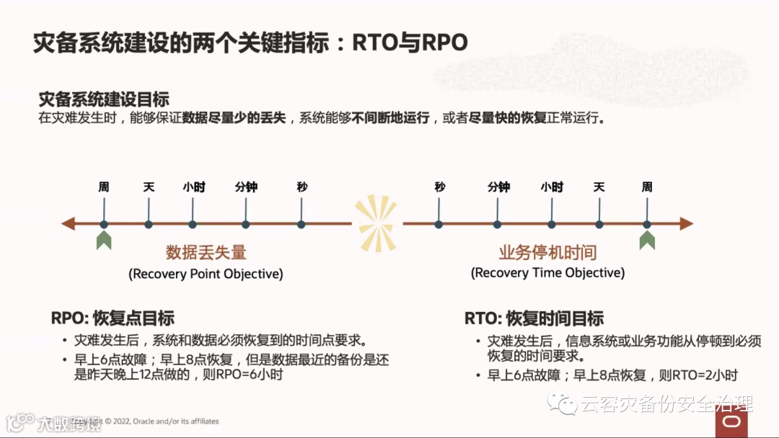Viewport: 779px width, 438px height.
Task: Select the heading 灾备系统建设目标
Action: [x=104, y=99]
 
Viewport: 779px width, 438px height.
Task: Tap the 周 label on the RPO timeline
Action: [x=104, y=187]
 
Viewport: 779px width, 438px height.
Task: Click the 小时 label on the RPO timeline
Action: [x=194, y=187]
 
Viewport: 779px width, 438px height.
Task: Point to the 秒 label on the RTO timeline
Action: [x=440, y=187]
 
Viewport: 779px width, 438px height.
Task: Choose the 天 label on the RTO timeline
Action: [x=599, y=187]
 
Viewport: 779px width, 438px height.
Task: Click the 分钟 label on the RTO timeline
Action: [x=498, y=187]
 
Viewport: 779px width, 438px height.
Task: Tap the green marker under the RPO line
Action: [x=104, y=241]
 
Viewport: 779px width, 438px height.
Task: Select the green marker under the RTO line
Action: [x=647, y=241]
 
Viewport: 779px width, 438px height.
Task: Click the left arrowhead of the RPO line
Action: [x=69, y=224]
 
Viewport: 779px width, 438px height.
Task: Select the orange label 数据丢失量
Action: [x=206, y=252]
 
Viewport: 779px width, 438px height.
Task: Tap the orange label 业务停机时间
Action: [x=548, y=252]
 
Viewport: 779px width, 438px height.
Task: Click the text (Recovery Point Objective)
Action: [x=206, y=274]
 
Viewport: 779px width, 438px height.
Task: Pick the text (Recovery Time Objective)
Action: [x=548, y=273]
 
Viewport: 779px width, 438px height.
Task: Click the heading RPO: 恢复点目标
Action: [x=113, y=318]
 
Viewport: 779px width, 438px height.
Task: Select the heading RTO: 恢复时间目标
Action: [x=534, y=318]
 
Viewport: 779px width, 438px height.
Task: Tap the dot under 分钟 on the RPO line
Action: [x=246, y=224]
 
